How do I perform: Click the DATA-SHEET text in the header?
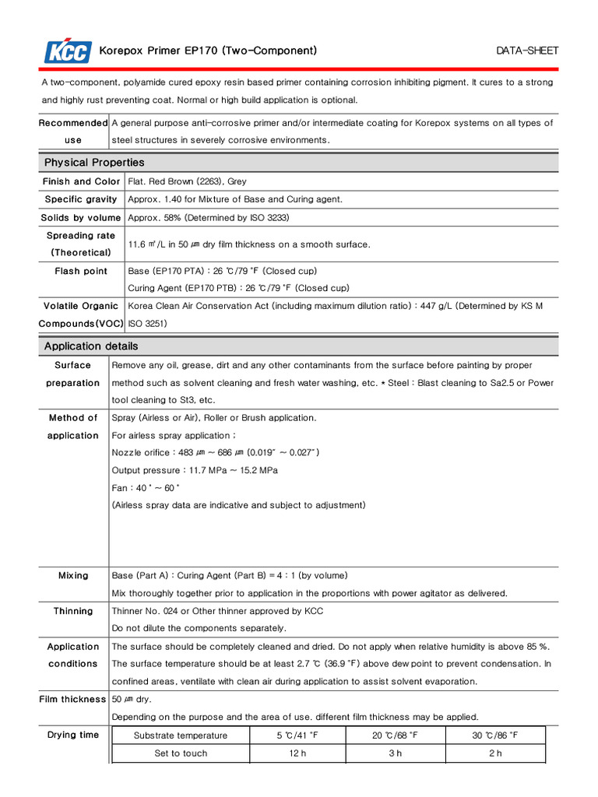(527, 51)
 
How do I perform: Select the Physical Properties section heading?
(94, 163)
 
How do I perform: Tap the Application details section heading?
(91, 346)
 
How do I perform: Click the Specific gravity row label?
(81, 199)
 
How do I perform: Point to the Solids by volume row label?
(81, 218)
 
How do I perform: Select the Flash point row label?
(81, 271)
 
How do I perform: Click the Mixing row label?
(73, 576)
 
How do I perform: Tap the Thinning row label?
(73, 611)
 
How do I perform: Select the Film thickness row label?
(72, 700)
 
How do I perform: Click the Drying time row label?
(73, 735)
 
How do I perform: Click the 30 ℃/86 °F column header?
(494, 736)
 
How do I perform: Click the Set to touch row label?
(181, 753)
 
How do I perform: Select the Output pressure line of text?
(195, 470)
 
